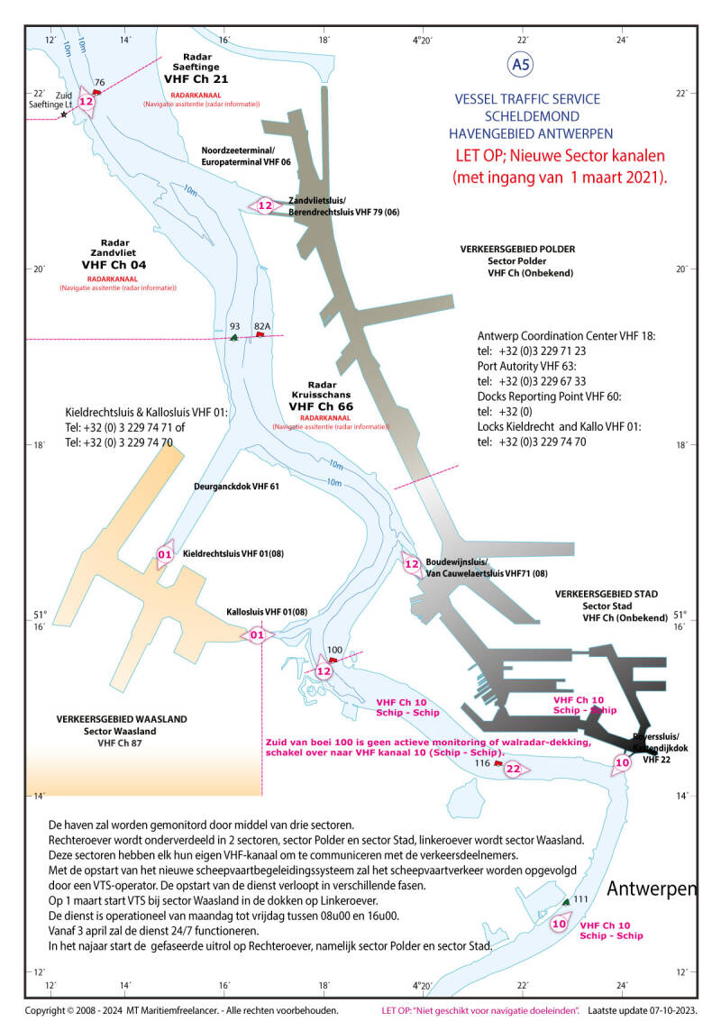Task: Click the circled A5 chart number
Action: pos(521,64)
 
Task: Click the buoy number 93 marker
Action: pos(234,336)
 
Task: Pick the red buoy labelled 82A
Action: pos(260,334)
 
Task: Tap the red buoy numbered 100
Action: pos(333,660)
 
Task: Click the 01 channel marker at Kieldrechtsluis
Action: pos(165,554)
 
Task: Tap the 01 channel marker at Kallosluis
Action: pos(257,635)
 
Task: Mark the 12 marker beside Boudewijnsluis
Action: pos(412,564)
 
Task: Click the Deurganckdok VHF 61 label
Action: pos(237,487)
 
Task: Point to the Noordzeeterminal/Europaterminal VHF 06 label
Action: pos(246,156)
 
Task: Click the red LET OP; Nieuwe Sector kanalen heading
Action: pos(559,165)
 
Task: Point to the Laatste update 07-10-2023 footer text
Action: pos(646,1010)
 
